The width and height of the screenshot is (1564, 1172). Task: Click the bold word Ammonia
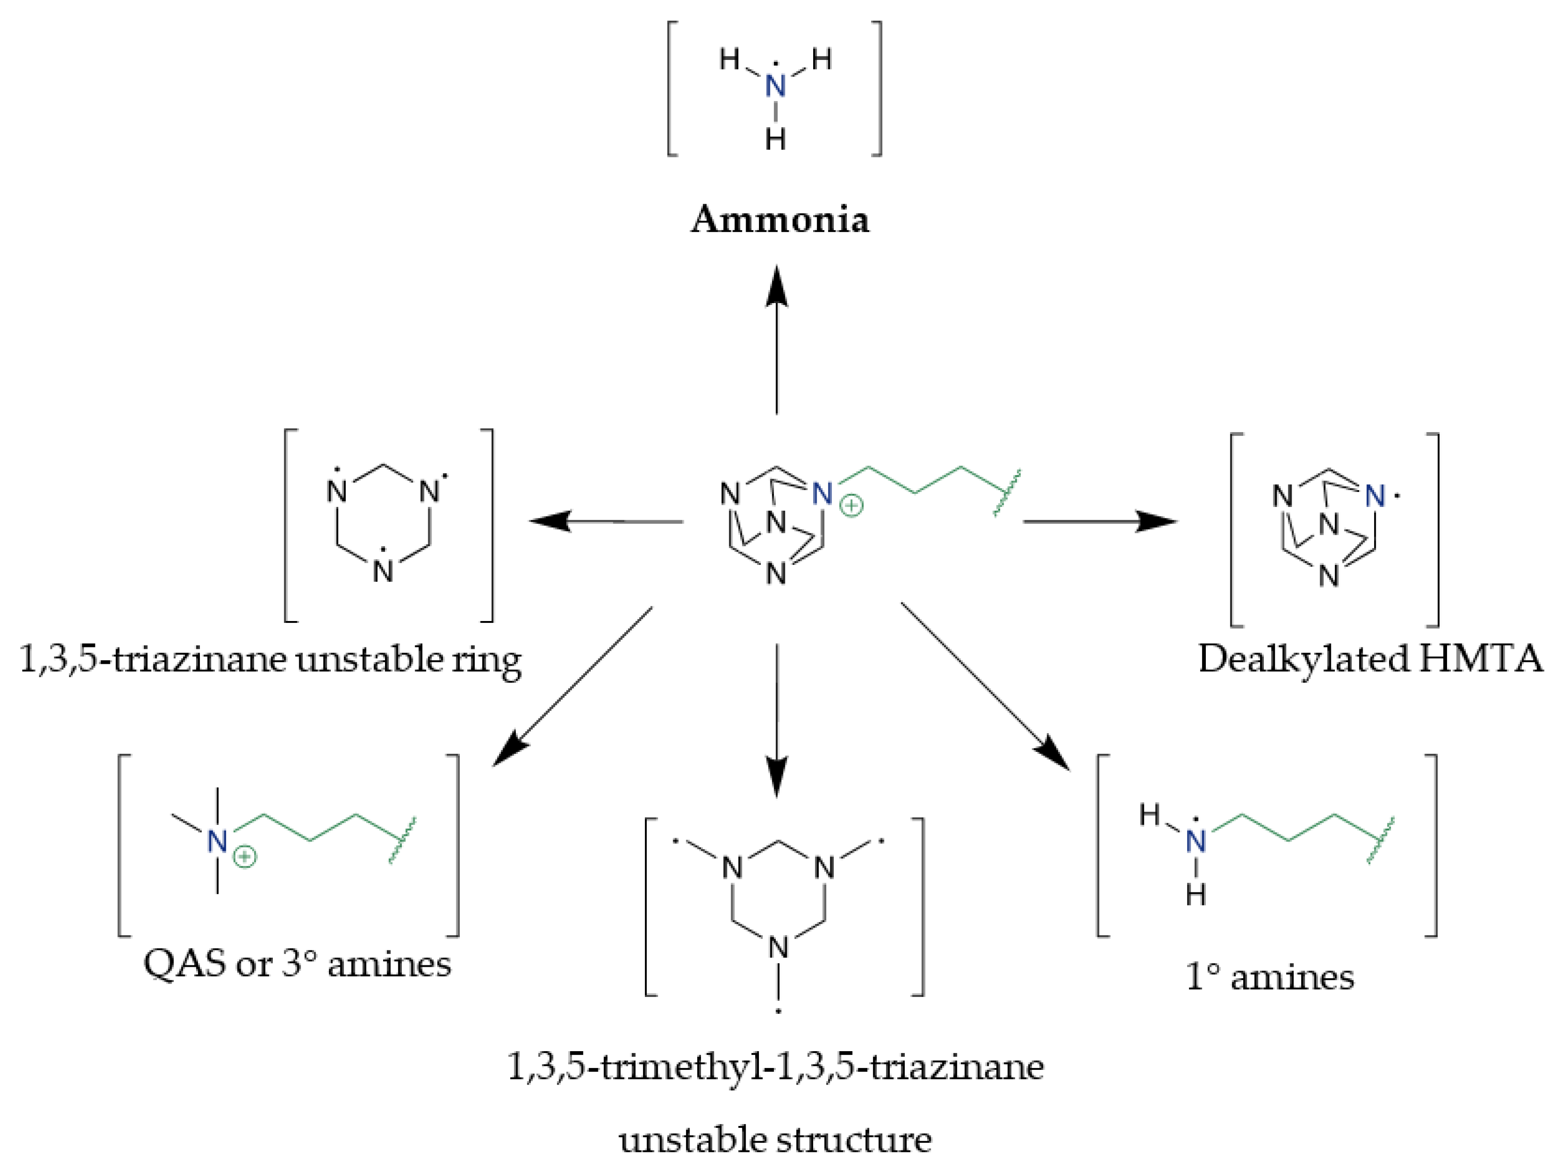coord(780,220)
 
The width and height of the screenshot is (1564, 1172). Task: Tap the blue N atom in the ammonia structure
coord(776,87)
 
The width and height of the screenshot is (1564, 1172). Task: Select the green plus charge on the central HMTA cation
coord(852,506)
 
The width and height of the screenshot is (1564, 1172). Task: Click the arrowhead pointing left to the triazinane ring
coord(550,522)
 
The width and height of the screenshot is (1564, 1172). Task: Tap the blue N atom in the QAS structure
coord(217,842)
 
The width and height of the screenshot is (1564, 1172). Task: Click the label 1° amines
coord(1269,977)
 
